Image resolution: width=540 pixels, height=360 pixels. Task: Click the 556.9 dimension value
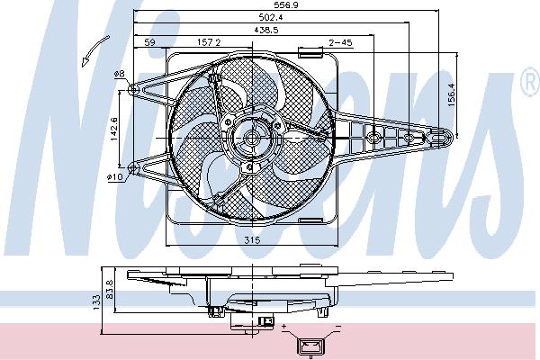286,4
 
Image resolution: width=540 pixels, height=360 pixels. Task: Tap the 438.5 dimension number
265,30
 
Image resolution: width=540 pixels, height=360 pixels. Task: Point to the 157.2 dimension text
209,42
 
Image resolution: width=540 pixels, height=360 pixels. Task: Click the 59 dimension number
149,42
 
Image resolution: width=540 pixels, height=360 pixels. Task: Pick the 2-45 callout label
340,42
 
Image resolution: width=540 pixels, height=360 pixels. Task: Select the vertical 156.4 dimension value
452,94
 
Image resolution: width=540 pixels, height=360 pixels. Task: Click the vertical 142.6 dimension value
114,128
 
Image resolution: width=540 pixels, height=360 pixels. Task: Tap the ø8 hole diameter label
119,74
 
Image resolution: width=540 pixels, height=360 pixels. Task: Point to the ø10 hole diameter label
114,177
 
